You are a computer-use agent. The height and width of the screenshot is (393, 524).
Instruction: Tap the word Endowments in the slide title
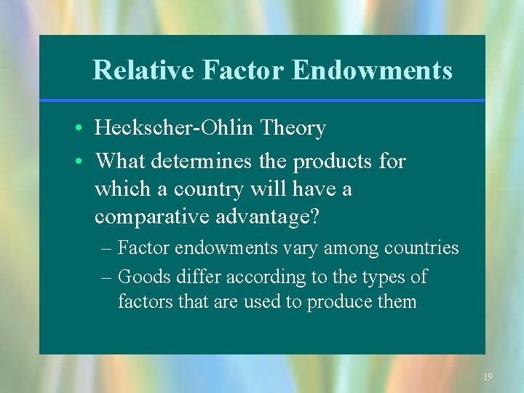(372, 71)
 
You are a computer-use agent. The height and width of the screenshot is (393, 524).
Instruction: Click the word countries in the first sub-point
(422, 248)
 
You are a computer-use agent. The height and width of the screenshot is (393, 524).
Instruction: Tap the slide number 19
(488, 376)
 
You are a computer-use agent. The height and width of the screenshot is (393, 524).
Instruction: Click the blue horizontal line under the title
(262, 100)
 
